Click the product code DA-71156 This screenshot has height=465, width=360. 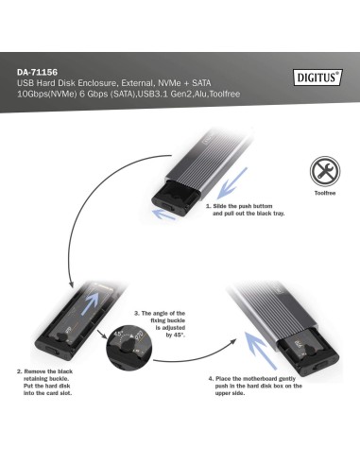coord(38,71)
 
